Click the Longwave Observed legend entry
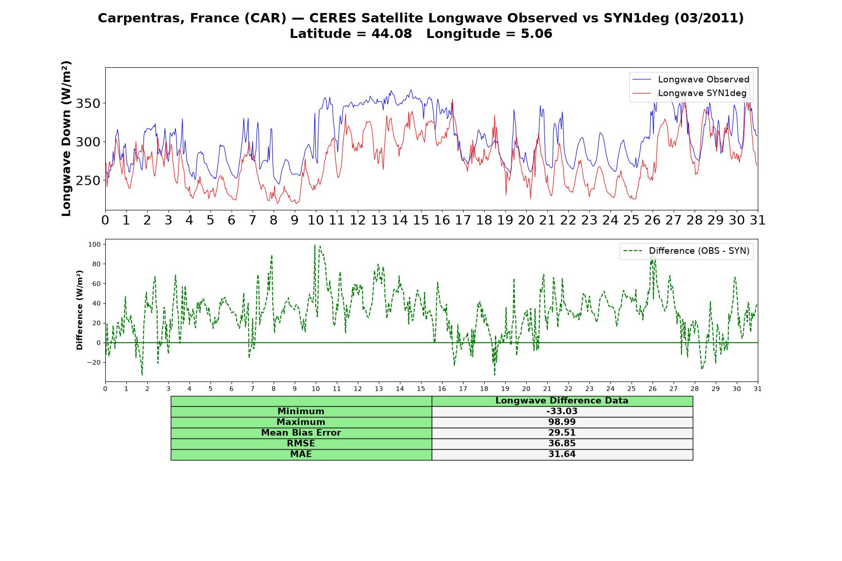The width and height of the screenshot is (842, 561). [690, 79]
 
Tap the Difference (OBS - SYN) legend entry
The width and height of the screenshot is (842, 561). [686, 251]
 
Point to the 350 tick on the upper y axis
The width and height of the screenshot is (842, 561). [88, 103]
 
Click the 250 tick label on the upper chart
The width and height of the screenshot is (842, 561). [88, 180]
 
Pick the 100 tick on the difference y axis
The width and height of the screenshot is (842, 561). [94, 245]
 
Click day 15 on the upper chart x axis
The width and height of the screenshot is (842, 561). [421, 220]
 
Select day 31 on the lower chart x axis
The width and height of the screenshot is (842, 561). [757, 388]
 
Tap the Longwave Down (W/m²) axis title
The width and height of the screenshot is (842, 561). [66, 138]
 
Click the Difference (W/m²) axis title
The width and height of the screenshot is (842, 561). [80, 310]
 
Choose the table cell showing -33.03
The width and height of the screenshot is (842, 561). [562, 411]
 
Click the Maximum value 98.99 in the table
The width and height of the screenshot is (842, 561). [562, 422]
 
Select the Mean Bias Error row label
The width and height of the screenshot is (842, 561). [301, 433]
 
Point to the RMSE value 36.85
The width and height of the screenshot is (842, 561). [562, 444]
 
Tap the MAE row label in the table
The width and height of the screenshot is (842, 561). [301, 454]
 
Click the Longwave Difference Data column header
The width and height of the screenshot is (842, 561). [562, 401]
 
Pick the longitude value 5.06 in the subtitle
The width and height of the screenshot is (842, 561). [537, 34]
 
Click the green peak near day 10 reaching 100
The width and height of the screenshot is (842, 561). [315, 245]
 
